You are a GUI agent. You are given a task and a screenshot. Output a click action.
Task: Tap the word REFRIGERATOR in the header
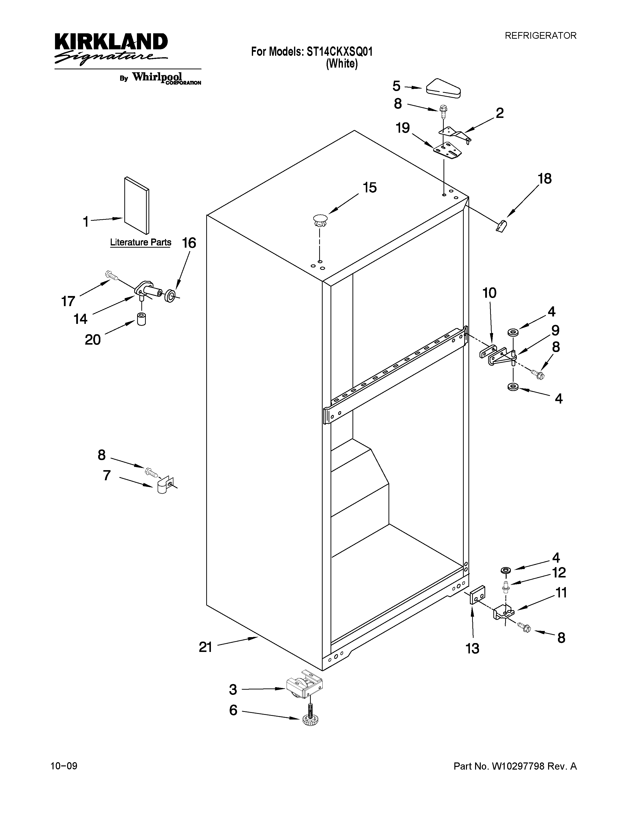(540, 36)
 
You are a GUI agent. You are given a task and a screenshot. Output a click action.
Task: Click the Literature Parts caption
(141, 242)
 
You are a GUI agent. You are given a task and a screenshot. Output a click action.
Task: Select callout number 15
(370, 187)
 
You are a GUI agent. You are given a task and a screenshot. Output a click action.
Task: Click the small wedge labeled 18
(501, 226)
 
